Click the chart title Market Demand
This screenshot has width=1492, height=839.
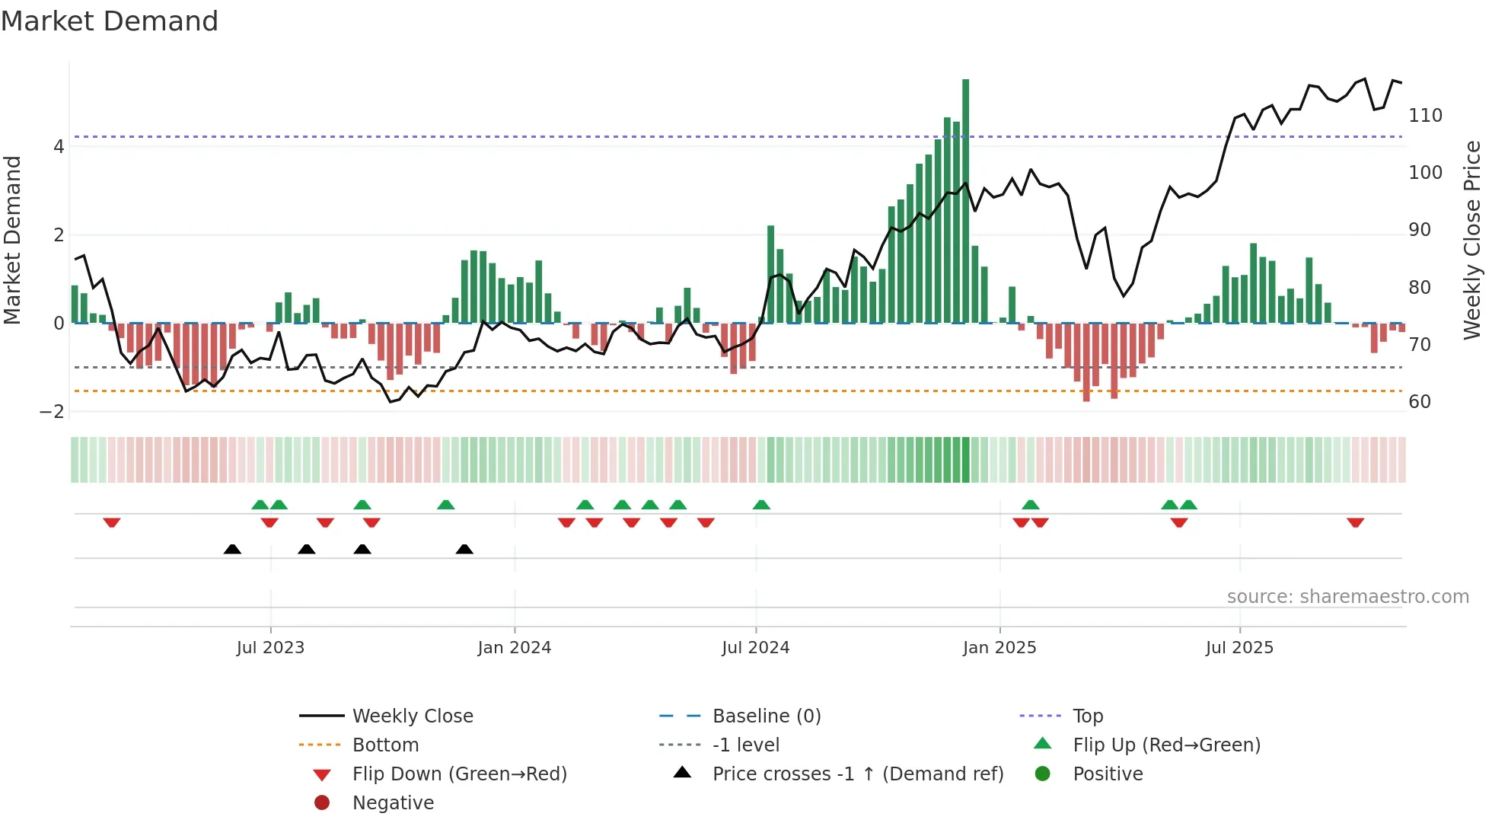click(110, 21)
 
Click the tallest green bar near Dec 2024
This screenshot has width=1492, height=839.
click(965, 201)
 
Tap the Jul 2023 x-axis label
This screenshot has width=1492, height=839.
click(270, 648)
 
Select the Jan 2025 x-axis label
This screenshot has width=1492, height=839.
click(999, 648)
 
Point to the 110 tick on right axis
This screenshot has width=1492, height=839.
click(1425, 116)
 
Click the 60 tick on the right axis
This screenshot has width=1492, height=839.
click(1419, 402)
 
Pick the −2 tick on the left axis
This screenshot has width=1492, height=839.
click(53, 412)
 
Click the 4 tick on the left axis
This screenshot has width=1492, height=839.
click(59, 147)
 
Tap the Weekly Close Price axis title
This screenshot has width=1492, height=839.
click(1472, 240)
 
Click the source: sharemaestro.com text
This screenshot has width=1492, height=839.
click(1347, 597)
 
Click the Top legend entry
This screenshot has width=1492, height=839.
click(1087, 716)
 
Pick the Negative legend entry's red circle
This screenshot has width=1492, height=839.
click(322, 803)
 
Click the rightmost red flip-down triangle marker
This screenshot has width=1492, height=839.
click(1355, 522)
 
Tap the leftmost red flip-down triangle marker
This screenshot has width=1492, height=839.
click(112, 522)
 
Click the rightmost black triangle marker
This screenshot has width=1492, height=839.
click(464, 549)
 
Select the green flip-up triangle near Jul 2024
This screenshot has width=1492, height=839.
click(761, 505)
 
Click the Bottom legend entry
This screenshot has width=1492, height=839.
click(385, 745)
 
